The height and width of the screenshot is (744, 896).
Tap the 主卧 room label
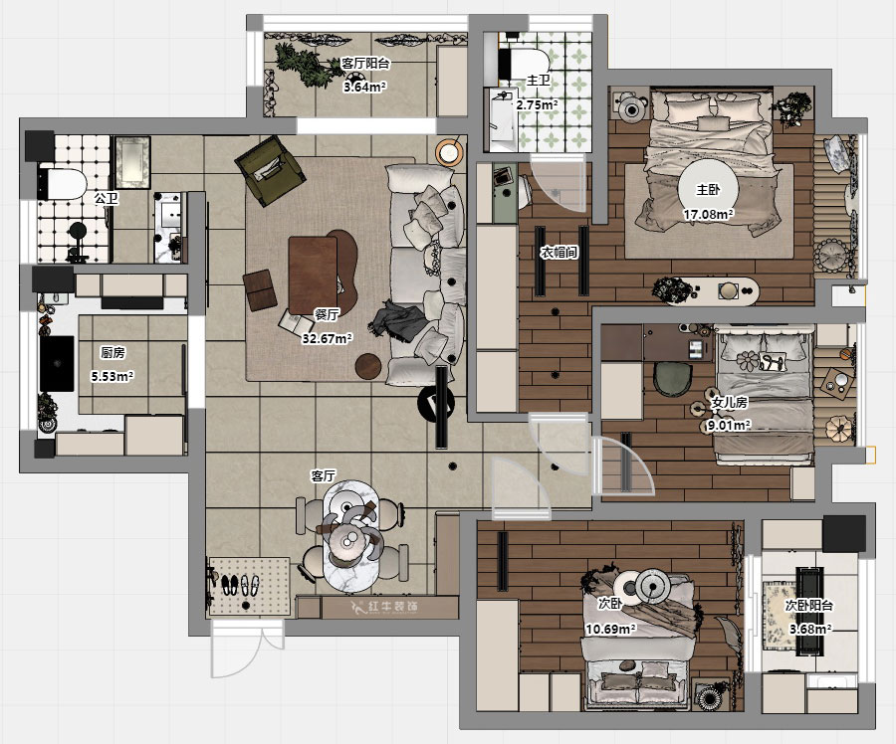pyautogui.click(x=708, y=190)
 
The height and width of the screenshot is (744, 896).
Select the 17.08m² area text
pyautogui.click(x=709, y=215)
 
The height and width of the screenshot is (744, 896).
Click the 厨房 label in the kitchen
pyautogui.click(x=112, y=353)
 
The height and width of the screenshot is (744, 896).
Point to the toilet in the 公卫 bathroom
pyautogui.click(x=62, y=183)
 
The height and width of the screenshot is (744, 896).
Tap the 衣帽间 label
pyautogui.click(x=560, y=252)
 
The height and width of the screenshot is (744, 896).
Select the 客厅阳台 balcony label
pyautogui.click(x=365, y=63)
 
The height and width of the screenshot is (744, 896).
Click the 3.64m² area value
pyautogui.click(x=364, y=87)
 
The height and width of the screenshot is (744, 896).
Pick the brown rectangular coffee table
pyautogui.click(x=313, y=276)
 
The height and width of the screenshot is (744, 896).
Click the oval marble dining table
pyautogui.click(x=349, y=535)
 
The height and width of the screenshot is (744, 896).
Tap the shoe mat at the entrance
pyautogui.click(x=250, y=586)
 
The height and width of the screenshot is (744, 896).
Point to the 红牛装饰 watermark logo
pyautogui.click(x=384, y=607)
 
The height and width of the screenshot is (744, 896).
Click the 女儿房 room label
pyautogui.click(x=729, y=402)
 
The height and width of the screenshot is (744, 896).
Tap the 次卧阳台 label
pyautogui.click(x=809, y=606)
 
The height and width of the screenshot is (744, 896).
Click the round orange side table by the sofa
pyautogui.click(x=450, y=152)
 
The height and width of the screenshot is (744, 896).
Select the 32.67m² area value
pyautogui.click(x=327, y=338)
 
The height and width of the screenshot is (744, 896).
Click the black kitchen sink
pyautogui.click(x=57, y=364)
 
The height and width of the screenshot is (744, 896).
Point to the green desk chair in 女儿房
pyautogui.click(x=673, y=379)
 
